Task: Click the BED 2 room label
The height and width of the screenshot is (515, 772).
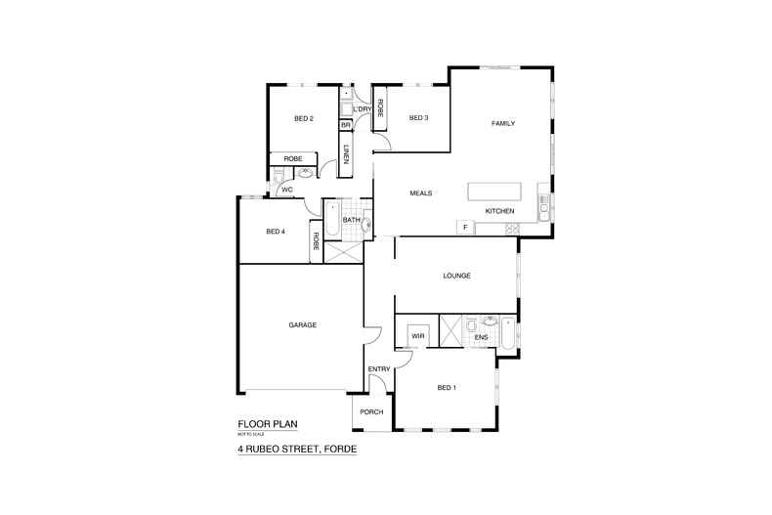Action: (304, 119)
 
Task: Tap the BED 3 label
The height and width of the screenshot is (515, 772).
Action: (418, 118)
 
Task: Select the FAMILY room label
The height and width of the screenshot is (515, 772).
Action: (502, 123)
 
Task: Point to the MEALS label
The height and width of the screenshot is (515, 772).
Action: (421, 193)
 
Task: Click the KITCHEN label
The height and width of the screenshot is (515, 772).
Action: (500, 211)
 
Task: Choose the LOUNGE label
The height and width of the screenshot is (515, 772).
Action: (456, 276)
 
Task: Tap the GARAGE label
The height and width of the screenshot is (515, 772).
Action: (302, 324)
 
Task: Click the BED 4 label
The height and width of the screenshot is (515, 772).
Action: (275, 232)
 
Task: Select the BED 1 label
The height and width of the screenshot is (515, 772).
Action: (447, 388)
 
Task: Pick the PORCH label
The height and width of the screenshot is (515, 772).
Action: (371, 411)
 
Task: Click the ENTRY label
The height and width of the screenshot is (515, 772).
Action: (379, 368)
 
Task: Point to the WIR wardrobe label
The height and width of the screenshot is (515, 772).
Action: (417, 336)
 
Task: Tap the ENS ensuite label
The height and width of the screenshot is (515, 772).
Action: (481, 338)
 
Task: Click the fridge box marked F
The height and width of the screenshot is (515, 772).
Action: (465, 228)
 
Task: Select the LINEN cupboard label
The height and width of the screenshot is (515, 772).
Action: (346, 153)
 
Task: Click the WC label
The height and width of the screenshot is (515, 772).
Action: (287, 190)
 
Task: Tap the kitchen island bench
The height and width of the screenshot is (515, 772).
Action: (496, 191)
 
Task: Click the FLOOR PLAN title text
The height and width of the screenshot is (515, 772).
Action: (267, 424)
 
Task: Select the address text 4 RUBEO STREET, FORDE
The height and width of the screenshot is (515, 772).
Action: (297, 450)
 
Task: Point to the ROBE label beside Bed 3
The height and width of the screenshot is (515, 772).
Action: (379, 108)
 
